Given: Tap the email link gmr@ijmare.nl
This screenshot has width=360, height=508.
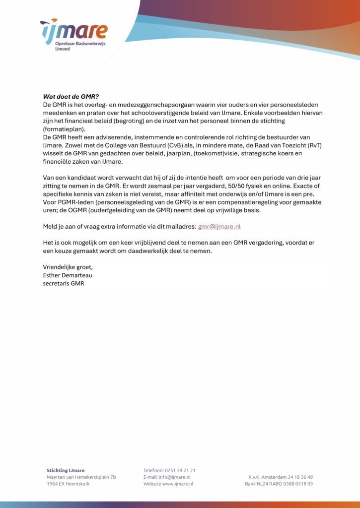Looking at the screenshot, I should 219,226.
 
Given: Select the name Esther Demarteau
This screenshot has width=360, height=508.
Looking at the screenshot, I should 68,275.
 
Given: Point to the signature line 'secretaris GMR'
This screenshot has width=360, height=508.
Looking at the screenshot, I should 64,284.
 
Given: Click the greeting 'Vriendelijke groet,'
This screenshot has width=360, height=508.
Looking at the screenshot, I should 68,267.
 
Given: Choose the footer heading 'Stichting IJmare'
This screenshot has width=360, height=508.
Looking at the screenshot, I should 66,470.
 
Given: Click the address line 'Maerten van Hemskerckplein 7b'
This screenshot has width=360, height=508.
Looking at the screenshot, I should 81,477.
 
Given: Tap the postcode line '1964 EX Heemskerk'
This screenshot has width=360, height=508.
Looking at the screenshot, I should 68,484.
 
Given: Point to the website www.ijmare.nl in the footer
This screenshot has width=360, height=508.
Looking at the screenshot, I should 178,484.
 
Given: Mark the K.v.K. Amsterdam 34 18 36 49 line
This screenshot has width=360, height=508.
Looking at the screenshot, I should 281,477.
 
